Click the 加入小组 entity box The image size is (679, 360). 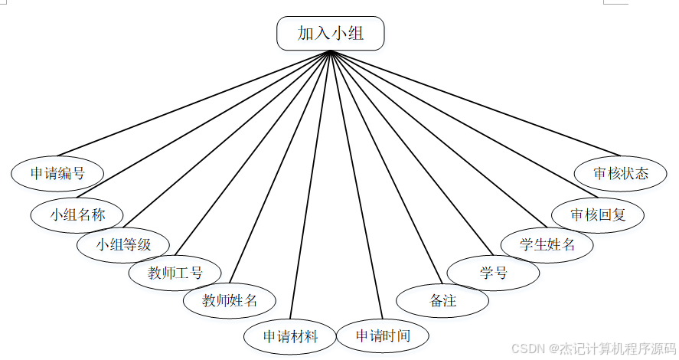[x=330, y=34]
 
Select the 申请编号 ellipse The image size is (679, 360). [x=57, y=173]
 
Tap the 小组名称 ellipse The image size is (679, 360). [x=77, y=214]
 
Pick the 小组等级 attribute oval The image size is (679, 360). [x=123, y=245]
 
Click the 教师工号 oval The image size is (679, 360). [x=175, y=273]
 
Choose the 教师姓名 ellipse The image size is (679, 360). [x=230, y=299]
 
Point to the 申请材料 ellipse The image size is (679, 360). [x=290, y=335]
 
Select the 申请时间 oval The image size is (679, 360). [x=383, y=335]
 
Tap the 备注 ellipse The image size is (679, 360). [x=443, y=300]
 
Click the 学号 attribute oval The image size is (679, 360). [x=493, y=273]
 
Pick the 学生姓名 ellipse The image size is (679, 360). [x=547, y=245]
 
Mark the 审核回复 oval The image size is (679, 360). [x=598, y=214]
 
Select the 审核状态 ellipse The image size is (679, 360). [x=621, y=173]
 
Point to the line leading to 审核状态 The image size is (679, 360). [x=475, y=103]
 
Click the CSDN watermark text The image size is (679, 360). [x=594, y=347]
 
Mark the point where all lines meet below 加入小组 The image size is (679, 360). [x=330, y=51]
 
